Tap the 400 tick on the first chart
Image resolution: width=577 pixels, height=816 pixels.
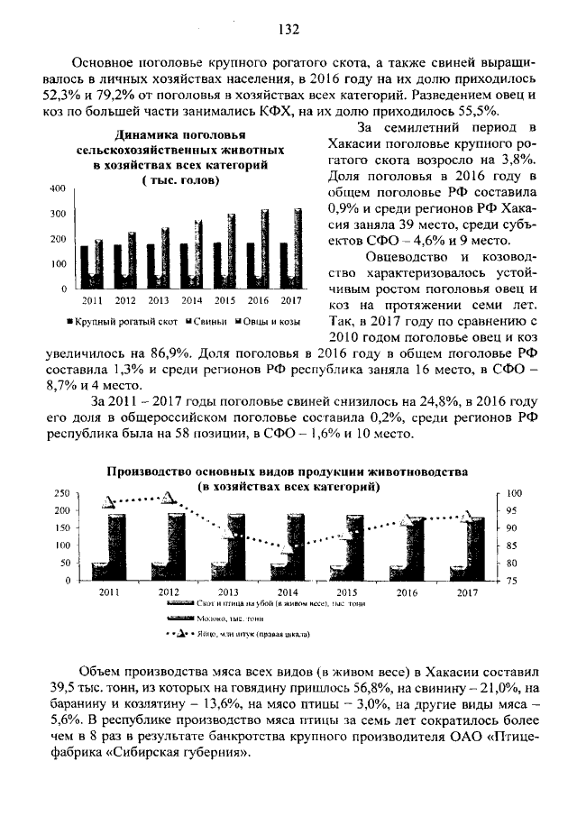point(58,188)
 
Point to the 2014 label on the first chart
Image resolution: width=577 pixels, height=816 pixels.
point(191,299)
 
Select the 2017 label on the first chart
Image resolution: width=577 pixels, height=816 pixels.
point(291,299)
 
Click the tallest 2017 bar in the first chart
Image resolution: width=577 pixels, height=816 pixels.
point(298,247)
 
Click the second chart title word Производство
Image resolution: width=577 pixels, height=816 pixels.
point(151,472)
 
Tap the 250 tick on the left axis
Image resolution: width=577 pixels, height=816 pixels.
point(62,494)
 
